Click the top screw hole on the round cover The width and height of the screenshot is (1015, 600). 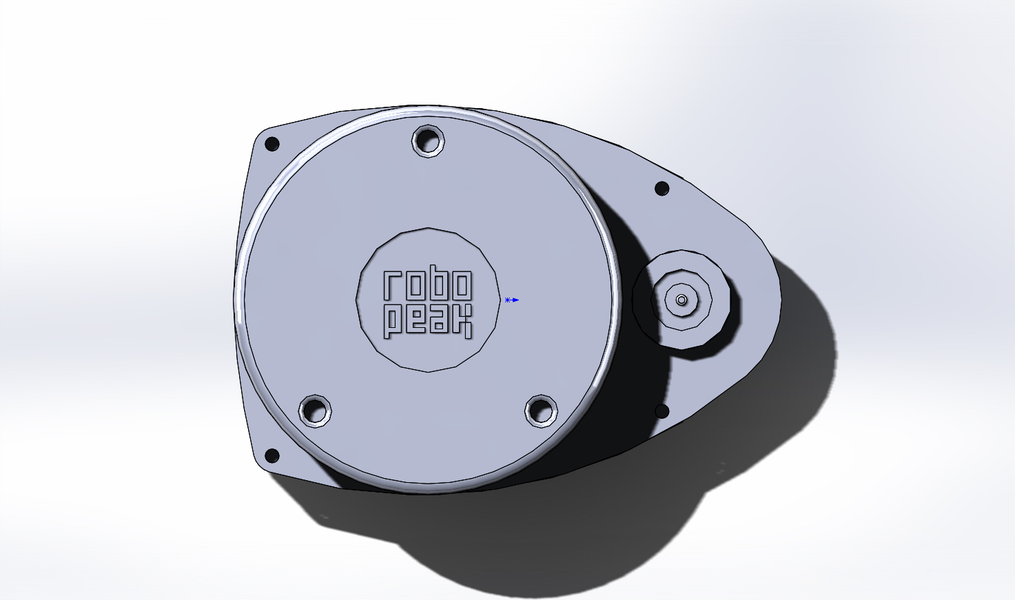[x=428, y=141]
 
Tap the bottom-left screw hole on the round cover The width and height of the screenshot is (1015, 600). [x=315, y=411]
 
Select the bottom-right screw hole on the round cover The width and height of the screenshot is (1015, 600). [x=541, y=411]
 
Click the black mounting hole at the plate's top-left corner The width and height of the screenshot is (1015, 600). [x=272, y=144]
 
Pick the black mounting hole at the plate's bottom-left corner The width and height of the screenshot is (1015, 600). [x=272, y=455]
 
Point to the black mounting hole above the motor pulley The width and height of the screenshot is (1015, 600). [x=662, y=188]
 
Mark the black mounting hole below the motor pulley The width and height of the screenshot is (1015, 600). [x=662, y=411]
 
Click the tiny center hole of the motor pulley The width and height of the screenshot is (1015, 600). [x=681, y=300]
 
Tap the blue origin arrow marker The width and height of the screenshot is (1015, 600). [x=512, y=300]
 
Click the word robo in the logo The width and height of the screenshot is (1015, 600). [x=428, y=285]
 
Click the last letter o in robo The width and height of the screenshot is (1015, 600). [x=462, y=285]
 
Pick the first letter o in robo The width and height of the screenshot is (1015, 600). [x=416, y=285]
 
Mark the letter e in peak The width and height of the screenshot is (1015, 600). [x=416, y=320]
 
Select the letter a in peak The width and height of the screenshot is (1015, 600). [x=439, y=320]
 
